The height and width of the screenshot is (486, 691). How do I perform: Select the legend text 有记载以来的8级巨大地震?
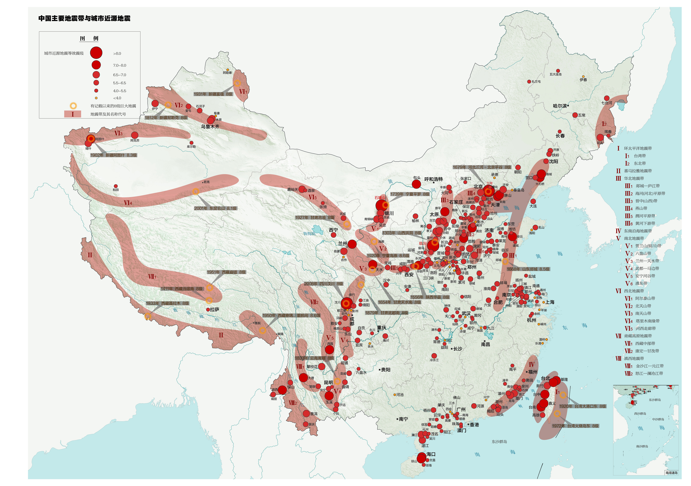pos(113,106)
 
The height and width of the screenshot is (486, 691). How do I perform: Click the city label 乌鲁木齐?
pos(210,127)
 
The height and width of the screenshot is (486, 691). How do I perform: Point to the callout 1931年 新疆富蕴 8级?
pos(213,94)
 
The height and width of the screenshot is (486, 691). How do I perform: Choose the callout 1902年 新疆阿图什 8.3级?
pos(114,155)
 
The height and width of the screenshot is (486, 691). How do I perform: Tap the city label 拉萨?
pos(215,310)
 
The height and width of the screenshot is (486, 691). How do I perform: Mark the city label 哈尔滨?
pos(560,106)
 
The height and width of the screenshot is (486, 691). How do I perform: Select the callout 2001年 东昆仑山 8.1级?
pos(216,208)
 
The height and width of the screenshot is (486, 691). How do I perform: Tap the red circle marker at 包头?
pos(416,184)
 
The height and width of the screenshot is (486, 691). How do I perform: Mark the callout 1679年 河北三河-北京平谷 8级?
pos(482,167)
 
